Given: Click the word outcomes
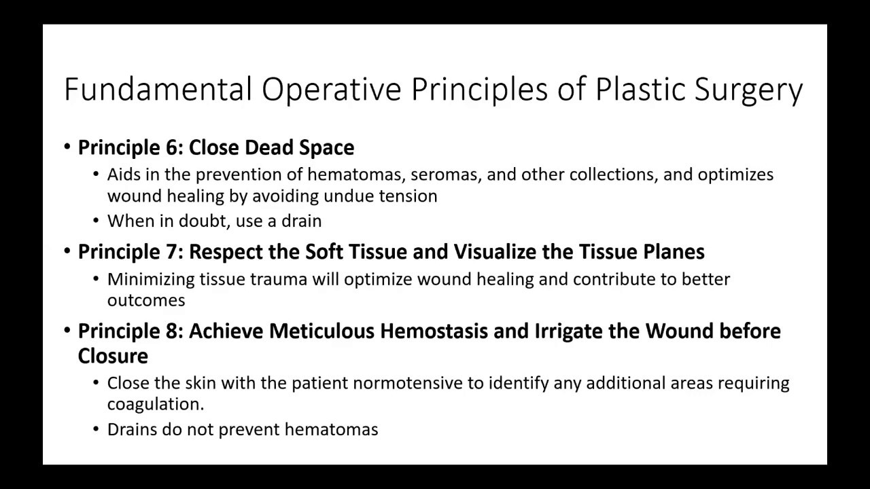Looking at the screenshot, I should click(x=145, y=300).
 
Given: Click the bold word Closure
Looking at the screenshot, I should click(x=113, y=356).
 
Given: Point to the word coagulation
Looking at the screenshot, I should click(x=155, y=405).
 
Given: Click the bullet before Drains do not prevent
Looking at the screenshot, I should click(x=96, y=430).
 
